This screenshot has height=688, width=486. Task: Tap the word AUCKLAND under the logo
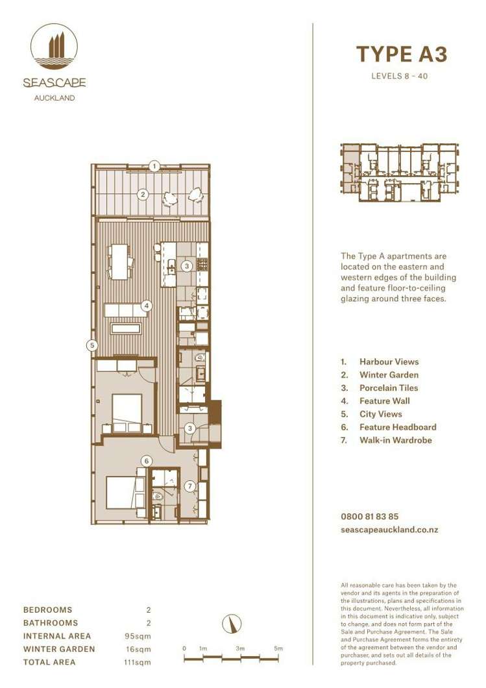point(54,98)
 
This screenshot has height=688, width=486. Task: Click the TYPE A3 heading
point(402,55)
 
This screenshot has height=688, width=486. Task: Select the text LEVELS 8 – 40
point(399,76)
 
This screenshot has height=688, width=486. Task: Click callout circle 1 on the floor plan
point(154,166)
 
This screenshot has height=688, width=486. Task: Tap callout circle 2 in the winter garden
point(143,193)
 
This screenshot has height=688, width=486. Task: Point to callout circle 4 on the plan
point(147,305)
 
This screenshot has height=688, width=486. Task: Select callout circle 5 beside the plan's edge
point(93,345)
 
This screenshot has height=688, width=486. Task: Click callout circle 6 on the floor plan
point(147,461)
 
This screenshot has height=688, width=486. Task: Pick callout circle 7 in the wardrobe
point(189,485)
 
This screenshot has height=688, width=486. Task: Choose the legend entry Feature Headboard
point(397,427)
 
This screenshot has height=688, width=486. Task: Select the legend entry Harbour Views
point(389,362)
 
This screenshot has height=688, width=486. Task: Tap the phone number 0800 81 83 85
point(369,517)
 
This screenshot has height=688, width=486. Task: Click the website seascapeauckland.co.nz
point(389,530)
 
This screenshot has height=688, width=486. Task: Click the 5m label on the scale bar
point(278,648)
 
